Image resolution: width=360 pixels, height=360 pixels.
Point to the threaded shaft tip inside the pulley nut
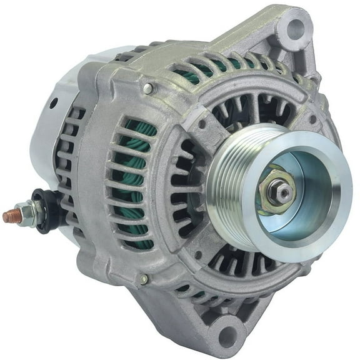point(281,190)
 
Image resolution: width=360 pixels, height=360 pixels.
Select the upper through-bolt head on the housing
point(147,89)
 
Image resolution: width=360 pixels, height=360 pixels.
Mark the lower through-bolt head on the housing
point(144,279)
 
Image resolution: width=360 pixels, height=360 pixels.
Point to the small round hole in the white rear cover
point(53,103)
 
